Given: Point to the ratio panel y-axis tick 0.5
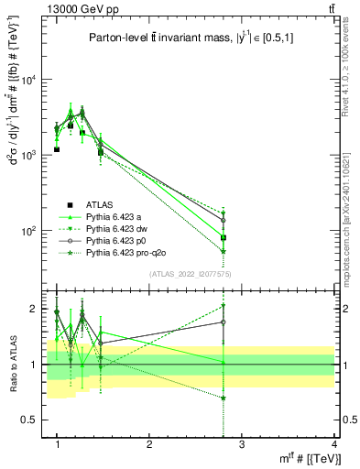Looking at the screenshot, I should tap(34, 420).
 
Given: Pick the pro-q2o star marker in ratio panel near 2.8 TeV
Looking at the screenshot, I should tap(224, 398).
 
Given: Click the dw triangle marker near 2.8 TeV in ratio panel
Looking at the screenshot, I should tap(224, 307).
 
